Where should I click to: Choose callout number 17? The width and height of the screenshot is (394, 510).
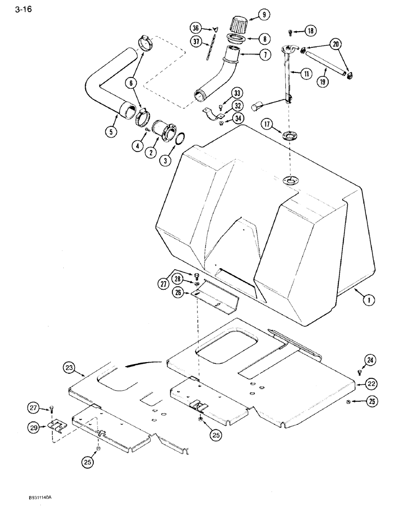(x=266, y=123)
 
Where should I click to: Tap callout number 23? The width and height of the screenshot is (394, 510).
(x=69, y=367)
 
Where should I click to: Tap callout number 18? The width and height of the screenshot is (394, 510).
(x=311, y=31)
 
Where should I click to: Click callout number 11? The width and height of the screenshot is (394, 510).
(x=306, y=73)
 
